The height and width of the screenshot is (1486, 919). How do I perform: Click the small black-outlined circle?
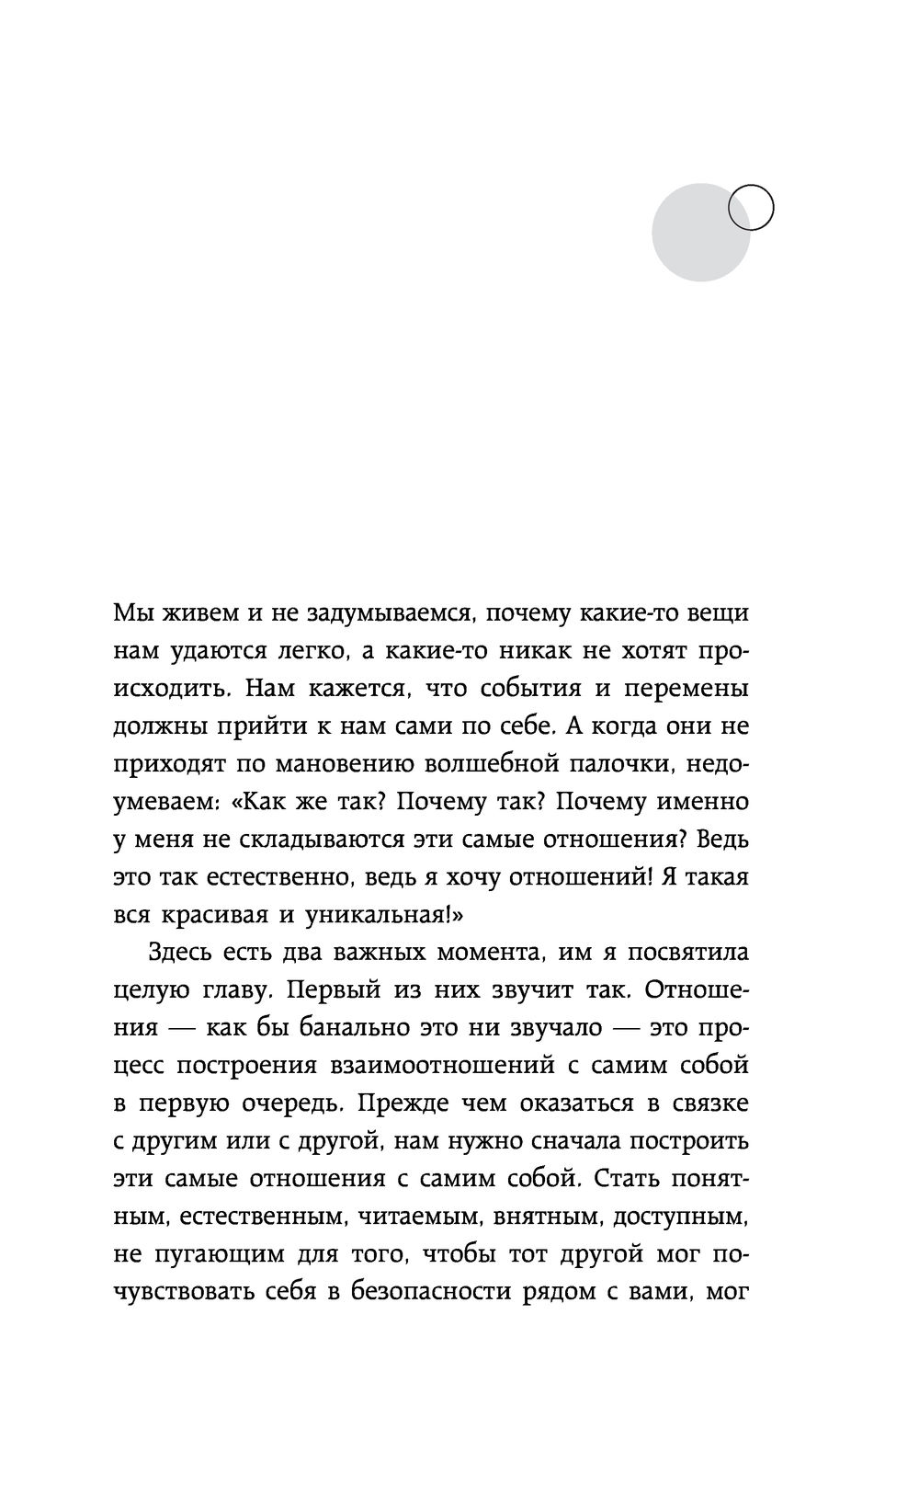point(751,208)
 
